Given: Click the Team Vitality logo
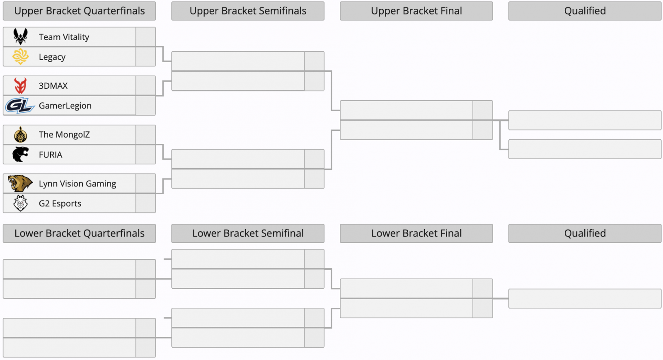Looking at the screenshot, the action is [20, 36].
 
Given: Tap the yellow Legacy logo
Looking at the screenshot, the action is [20, 56].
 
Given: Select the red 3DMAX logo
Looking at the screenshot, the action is [20, 85].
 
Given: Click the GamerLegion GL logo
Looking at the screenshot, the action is [20, 105].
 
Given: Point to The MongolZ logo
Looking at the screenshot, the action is [20, 134].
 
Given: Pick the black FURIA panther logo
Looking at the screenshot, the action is [20, 154].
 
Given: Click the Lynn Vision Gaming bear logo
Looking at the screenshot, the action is [20, 183].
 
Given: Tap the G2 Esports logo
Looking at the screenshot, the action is [20, 203].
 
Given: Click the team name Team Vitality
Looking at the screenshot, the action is [64, 37].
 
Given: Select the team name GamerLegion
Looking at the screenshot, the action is [65, 106].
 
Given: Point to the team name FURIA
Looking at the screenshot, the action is [51, 155].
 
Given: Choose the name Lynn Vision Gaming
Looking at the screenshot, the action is [77, 184].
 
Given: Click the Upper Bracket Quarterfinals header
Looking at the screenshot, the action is [79, 11].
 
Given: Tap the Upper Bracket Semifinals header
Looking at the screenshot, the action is [248, 11].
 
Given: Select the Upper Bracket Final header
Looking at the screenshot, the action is [416, 11].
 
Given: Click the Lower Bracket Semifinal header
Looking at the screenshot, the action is [248, 233].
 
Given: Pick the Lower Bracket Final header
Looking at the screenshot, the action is [416, 233].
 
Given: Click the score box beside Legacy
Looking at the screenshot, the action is [145, 56].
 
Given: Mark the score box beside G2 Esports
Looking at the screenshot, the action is [145, 203].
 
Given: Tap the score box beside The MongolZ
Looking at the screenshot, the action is [145, 135].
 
